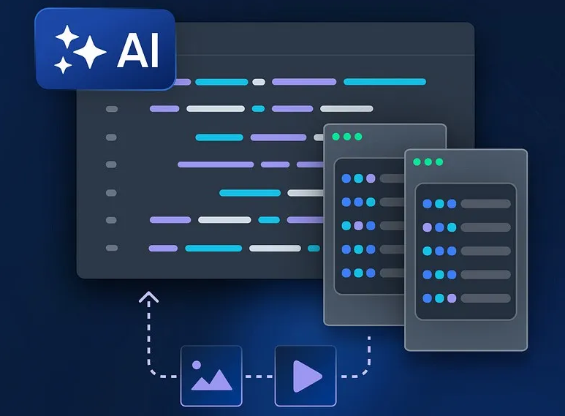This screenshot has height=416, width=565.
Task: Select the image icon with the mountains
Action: (211, 376)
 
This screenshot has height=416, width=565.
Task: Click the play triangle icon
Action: (306, 376)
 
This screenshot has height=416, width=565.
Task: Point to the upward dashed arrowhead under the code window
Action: (150, 297)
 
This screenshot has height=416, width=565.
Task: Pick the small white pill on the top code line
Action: (259, 82)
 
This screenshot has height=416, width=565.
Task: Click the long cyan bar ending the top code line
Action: (384, 82)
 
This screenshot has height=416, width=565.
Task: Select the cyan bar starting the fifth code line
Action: (250, 193)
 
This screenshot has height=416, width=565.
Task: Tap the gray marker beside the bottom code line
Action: (112, 248)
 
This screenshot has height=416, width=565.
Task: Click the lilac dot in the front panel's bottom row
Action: (452, 298)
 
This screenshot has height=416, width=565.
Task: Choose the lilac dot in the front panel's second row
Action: (428, 227)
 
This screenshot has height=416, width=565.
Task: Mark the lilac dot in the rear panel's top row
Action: (371, 178)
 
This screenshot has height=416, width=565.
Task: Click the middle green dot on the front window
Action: (428, 162)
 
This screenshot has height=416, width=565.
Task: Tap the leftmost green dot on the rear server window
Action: (335, 137)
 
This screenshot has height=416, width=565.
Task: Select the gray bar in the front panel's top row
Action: (485, 204)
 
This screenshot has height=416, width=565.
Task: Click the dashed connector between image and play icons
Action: (258, 377)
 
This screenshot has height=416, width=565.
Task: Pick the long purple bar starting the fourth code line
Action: (216, 164)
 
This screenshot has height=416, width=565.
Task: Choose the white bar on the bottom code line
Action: (275, 248)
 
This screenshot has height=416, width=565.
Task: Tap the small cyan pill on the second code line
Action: (258, 109)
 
